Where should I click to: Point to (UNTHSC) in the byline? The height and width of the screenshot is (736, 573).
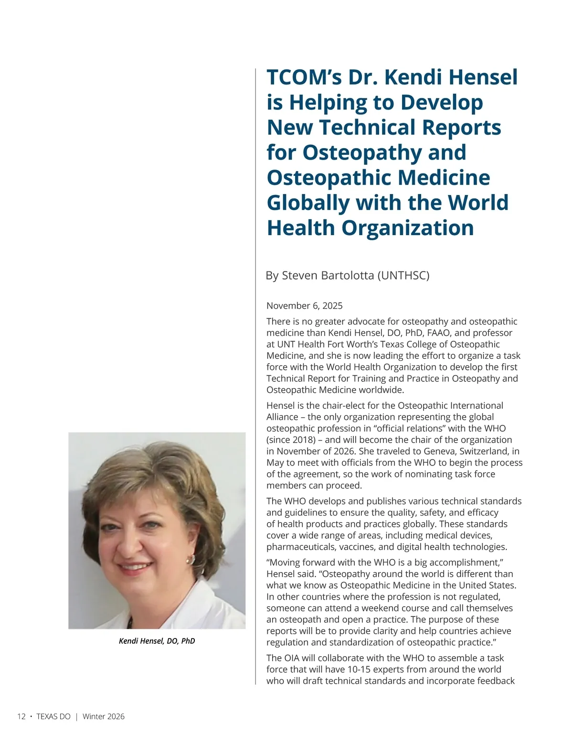[403, 276]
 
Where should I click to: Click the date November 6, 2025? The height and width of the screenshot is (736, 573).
[305, 306]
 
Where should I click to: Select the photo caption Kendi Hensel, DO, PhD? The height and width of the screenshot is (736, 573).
[157, 641]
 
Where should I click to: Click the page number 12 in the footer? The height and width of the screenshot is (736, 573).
[21, 716]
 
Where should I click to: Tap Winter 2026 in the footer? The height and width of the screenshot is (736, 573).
[104, 716]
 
